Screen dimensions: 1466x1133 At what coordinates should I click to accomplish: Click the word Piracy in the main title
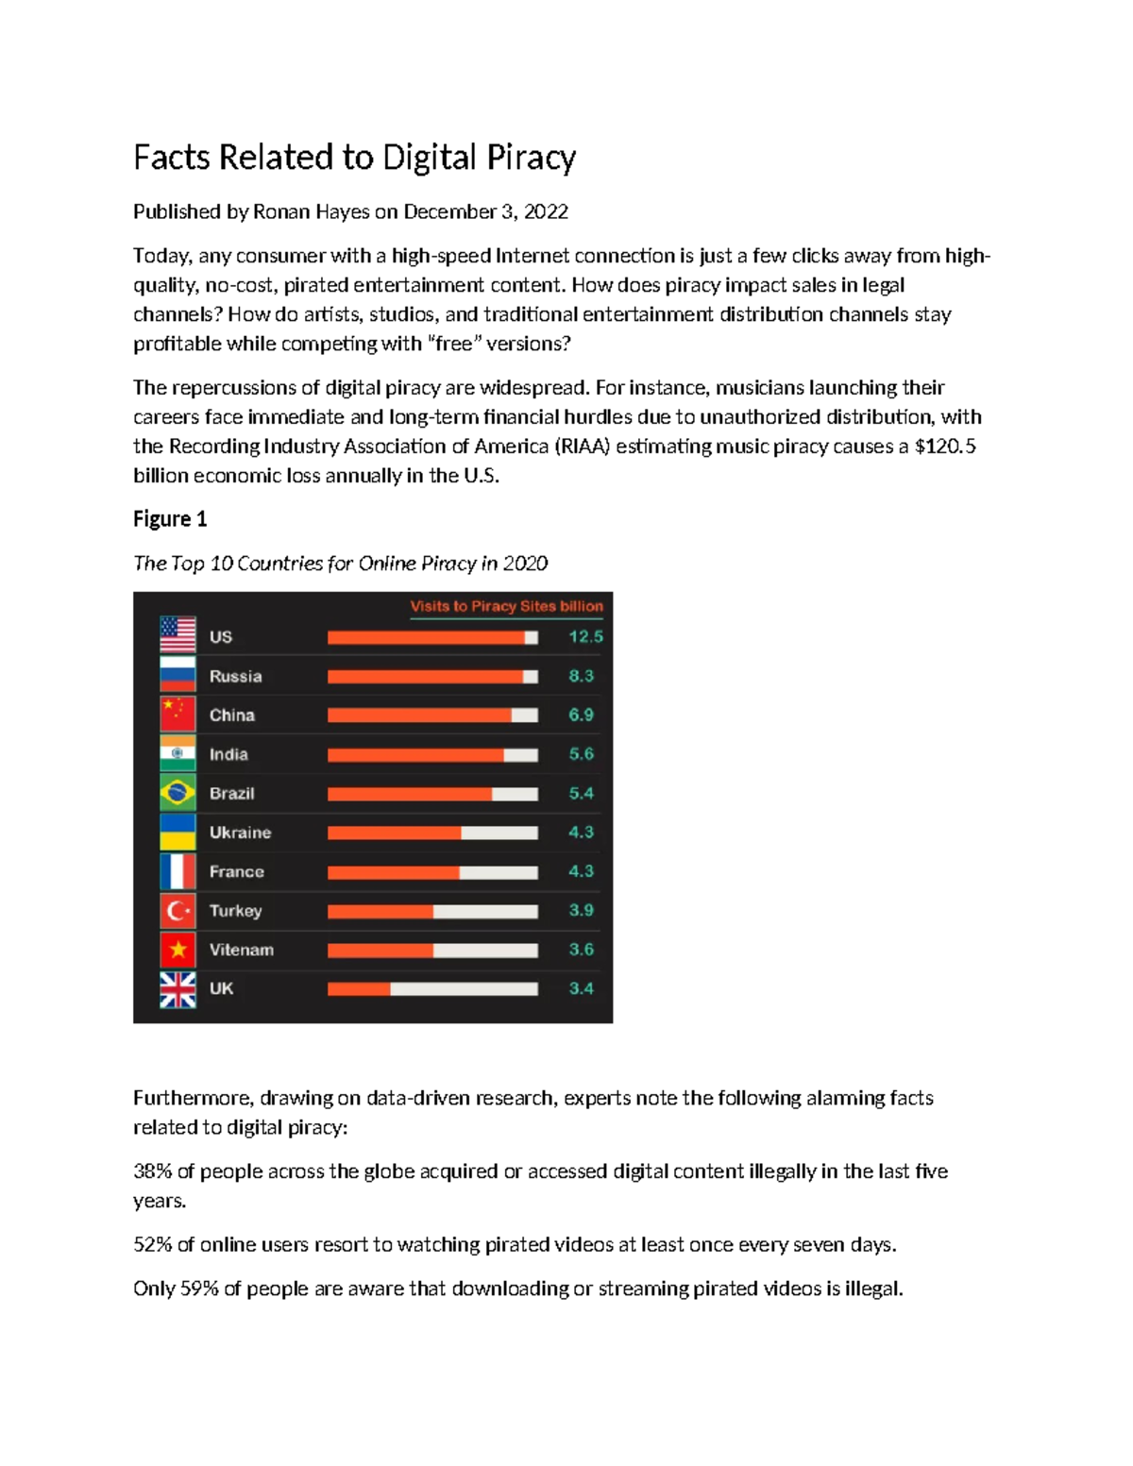pyautogui.click(x=531, y=158)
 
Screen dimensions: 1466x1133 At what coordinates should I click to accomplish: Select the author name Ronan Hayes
pyautogui.click(x=311, y=211)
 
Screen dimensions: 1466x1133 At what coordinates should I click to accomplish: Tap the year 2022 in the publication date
pyautogui.click(x=546, y=211)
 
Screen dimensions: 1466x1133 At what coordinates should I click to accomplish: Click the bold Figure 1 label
pyautogui.click(x=170, y=519)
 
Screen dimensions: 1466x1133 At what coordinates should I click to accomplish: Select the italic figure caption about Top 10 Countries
pyautogui.click(x=340, y=564)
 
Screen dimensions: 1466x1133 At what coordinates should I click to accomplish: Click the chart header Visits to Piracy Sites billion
pyautogui.click(x=506, y=606)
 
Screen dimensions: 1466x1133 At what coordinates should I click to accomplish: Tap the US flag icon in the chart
pyautogui.click(x=178, y=635)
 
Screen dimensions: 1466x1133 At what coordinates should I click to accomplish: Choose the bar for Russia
pyautogui.click(x=432, y=677)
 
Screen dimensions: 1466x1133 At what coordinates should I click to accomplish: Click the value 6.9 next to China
pyautogui.click(x=581, y=716)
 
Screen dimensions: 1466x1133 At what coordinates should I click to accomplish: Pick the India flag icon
pyautogui.click(x=178, y=753)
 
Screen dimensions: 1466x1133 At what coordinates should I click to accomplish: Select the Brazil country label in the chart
pyautogui.click(x=231, y=794)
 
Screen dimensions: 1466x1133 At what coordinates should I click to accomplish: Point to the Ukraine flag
pyautogui.click(x=178, y=832)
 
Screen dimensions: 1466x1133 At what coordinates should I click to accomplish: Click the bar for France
pyautogui.click(x=432, y=872)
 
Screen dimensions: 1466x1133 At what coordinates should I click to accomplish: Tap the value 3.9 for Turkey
pyautogui.click(x=581, y=911)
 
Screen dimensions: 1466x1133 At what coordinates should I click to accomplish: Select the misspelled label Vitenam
pyautogui.click(x=241, y=951)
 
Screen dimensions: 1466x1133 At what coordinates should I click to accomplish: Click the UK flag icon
pyautogui.click(x=178, y=989)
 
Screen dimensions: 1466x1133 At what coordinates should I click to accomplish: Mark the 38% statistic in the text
pyautogui.click(x=152, y=1171)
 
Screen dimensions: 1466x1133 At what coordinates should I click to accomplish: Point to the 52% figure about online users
pyautogui.click(x=152, y=1245)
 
